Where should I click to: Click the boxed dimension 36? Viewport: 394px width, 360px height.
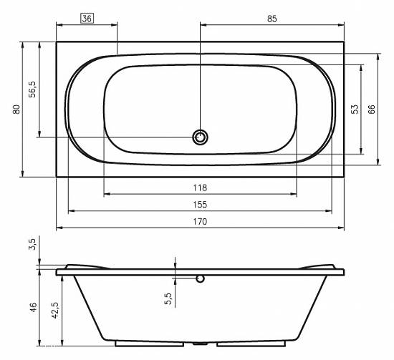87,19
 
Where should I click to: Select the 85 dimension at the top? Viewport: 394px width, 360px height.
272,19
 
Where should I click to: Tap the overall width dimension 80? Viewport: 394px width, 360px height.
16,110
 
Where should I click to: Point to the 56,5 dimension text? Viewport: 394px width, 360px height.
32,89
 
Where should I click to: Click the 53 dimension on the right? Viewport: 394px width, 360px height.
355,110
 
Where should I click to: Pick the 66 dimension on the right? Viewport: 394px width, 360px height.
371,110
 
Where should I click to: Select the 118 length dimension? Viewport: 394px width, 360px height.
200,188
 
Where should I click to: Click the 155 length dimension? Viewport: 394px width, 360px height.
200,205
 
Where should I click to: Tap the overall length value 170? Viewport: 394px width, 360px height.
200,222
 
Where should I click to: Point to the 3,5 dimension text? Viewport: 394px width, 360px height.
33,245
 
